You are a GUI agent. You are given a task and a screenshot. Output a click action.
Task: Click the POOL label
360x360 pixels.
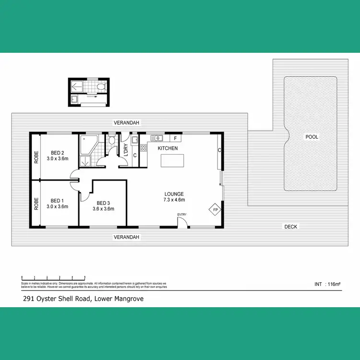click(x=312, y=137)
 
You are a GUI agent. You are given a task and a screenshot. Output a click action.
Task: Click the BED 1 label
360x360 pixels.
click(x=57, y=201)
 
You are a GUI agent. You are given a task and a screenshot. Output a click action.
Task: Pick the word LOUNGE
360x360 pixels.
click(x=174, y=194)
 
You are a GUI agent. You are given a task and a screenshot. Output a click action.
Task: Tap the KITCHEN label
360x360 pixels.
click(x=168, y=148)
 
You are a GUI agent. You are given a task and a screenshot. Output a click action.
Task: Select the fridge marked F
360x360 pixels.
click(x=176, y=139)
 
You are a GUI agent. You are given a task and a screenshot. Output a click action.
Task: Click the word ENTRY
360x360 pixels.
click(x=182, y=215)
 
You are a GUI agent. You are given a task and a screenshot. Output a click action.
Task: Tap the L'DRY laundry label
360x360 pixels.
click(x=126, y=150)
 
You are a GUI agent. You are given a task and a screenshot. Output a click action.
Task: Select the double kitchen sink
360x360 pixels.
click(x=156, y=139)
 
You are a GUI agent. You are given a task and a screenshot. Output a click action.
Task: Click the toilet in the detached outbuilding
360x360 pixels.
click(x=100, y=87)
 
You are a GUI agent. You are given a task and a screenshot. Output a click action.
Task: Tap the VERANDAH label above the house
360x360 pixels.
click(x=127, y=123)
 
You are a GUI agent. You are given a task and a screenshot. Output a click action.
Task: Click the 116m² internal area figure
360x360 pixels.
click(x=333, y=285)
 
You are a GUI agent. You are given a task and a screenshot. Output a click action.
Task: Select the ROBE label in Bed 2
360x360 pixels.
click(x=36, y=158)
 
